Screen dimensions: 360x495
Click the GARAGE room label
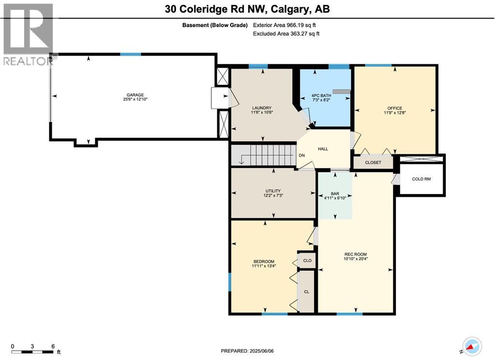[135, 95]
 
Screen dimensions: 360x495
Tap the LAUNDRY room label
[261, 108]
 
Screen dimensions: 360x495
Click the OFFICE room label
[394, 108]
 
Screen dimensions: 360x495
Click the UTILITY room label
[273, 191]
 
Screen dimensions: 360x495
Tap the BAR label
[335, 194]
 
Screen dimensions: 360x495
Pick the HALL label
[323, 149]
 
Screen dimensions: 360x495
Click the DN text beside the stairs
[301, 156]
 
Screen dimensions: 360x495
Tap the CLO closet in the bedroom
[307, 260]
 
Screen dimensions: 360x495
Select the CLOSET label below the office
[373, 163]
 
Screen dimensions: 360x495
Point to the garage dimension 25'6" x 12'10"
[135, 100]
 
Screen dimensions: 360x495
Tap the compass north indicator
[471, 345]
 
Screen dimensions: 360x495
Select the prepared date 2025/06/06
[247, 351]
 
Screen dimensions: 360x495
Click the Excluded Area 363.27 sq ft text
[286, 34]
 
